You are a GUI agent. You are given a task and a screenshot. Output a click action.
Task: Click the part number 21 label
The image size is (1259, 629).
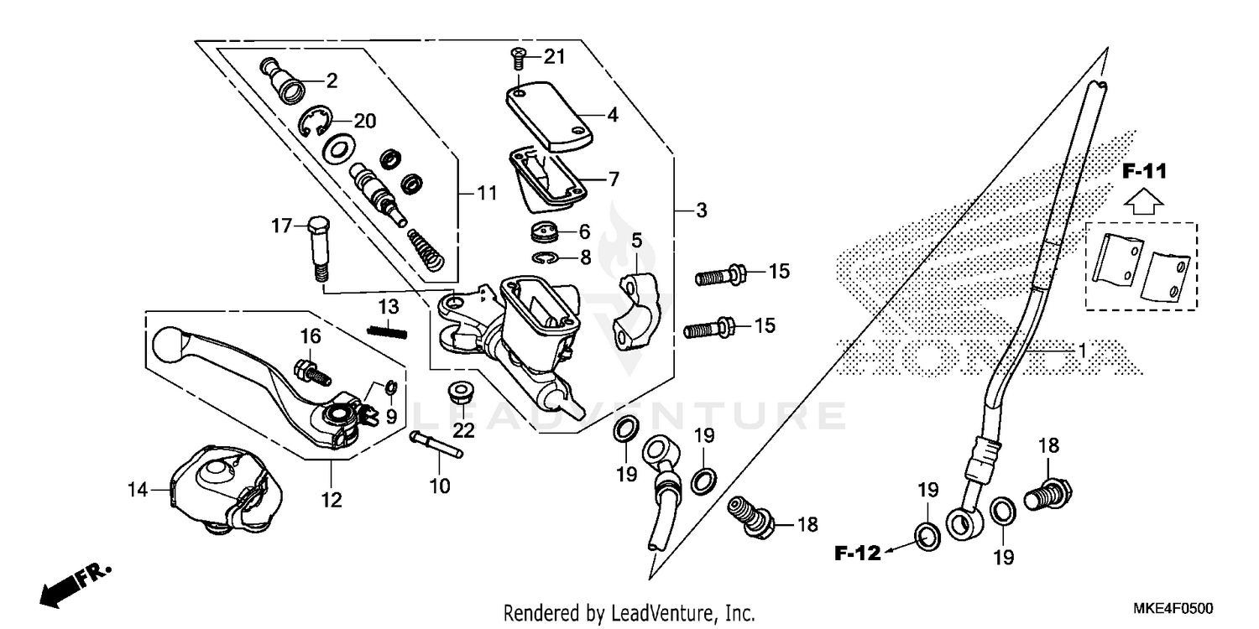click(555, 57)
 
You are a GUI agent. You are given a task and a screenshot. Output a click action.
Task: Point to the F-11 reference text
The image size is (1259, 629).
click(1145, 173)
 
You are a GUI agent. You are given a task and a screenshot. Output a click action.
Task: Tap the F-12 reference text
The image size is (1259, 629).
click(857, 553)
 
